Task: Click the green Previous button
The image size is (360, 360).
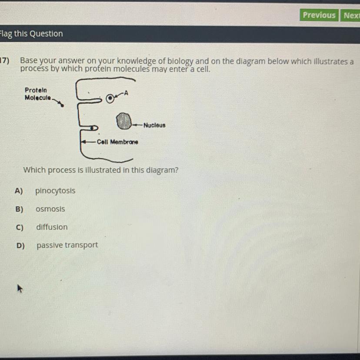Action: click(x=319, y=15)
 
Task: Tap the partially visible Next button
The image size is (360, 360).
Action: click(x=350, y=15)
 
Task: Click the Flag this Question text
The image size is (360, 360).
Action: click(x=31, y=34)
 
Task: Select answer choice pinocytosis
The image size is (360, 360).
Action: click(x=55, y=191)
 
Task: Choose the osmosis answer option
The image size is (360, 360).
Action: click(x=50, y=209)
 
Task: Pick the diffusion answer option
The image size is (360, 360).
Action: click(x=52, y=227)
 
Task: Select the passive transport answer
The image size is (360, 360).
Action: click(x=67, y=245)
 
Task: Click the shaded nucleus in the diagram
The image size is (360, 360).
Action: click(x=124, y=121)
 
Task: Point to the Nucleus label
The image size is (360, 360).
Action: click(x=154, y=125)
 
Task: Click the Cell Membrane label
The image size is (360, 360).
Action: click(x=117, y=142)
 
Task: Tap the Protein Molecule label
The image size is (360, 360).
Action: click(x=38, y=94)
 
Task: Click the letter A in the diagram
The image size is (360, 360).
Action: click(x=126, y=93)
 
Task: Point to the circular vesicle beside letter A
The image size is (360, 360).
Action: click(x=110, y=99)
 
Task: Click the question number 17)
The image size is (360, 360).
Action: click(x=5, y=60)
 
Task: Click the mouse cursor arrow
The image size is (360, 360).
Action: click(x=20, y=288)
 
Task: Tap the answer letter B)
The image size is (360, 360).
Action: click(x=19, y=209)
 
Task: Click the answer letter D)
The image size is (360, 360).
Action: click(x=21, y=246)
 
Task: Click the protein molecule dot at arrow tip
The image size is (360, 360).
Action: click(x=62, y=105)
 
